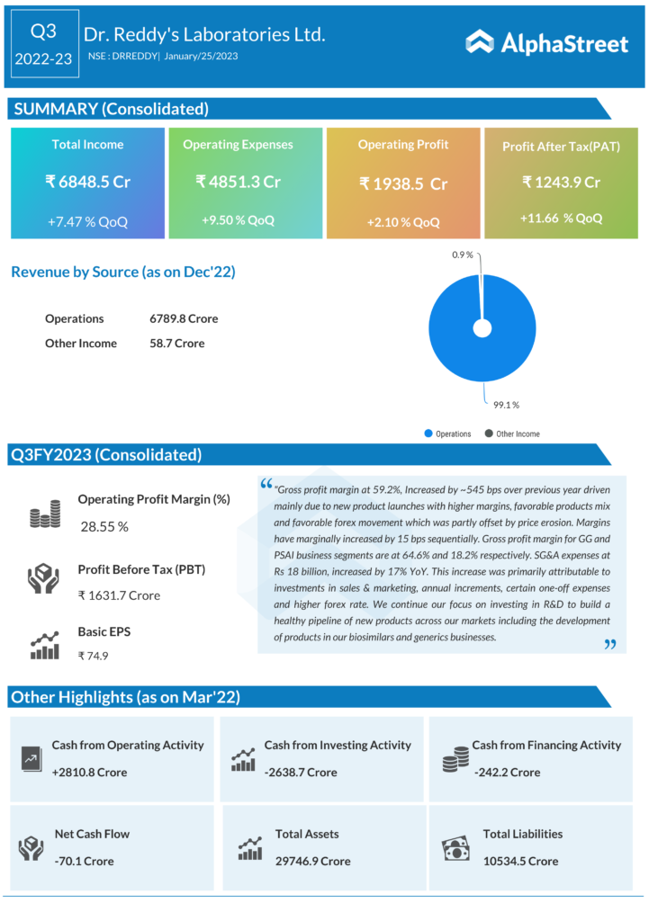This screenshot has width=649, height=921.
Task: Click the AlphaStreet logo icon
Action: point(479,41)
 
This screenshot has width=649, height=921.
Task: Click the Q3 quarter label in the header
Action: point(43,31)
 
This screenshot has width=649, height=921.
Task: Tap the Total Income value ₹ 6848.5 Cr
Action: point(87,182)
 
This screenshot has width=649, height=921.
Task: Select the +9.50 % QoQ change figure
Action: point(239,219)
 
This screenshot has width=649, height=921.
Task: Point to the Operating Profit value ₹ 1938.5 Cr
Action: point(403,183)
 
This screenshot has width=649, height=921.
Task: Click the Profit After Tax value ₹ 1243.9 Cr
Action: point(561,182)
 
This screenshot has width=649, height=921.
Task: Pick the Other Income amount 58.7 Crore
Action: point(177,344)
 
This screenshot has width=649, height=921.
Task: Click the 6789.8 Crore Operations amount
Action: point(184,318)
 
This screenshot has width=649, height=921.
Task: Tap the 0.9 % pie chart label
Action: point(464,255)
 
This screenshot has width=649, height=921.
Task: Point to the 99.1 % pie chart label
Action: point(505,404)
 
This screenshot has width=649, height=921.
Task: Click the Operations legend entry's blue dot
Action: point(428,434)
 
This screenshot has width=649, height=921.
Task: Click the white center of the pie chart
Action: point(482,328)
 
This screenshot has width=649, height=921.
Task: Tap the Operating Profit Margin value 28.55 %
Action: point(104,526)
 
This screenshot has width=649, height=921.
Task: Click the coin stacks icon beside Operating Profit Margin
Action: point(45,514)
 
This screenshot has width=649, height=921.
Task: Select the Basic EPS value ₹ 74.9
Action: point(94,656)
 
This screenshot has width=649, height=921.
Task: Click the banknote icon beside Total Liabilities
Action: point(455,848)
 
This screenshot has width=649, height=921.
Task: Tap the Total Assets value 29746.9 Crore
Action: point(313,861)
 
